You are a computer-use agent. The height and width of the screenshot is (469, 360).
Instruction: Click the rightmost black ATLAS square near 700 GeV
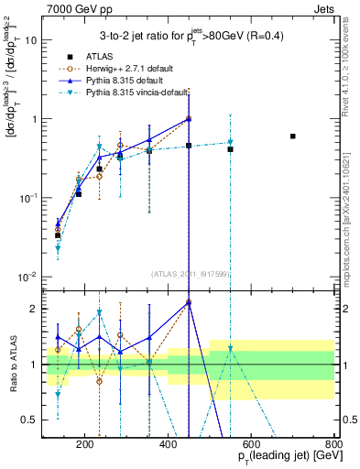[x=318, y=136]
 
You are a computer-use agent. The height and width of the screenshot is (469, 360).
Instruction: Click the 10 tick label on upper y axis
[x=32, y=40]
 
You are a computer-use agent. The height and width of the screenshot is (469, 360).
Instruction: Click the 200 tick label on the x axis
[x=85, y=445]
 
